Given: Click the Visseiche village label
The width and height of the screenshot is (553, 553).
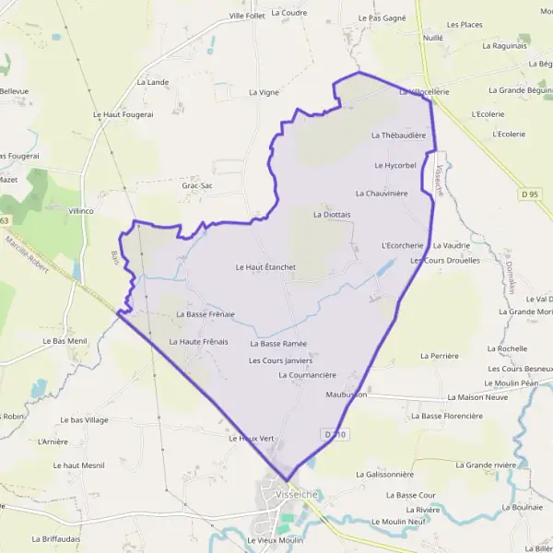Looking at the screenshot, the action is [x=296, y=494].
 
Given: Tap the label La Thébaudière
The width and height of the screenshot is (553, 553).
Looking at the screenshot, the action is [x=398, y=135].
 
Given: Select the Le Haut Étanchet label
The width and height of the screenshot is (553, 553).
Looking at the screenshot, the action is [x=265, y=267].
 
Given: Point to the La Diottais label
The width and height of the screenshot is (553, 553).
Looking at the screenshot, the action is [x=332, y=214].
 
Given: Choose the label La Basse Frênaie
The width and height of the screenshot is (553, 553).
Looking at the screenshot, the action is [x=205, y=314].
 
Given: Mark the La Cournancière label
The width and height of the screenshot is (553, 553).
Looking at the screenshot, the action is [x=307, y=375].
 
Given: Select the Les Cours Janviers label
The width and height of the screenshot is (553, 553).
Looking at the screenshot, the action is [x=280, y=360].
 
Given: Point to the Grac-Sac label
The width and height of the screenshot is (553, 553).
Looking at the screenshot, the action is [x=197, y=185].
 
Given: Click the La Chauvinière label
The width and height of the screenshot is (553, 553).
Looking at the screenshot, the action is [x=382, y=194].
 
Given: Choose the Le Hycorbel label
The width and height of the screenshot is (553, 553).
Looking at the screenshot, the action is [x=395, y=165].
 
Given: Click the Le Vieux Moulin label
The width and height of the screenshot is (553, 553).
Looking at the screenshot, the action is [x=275, y=539].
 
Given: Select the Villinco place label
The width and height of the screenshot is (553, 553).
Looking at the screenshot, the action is [x=81, y=211].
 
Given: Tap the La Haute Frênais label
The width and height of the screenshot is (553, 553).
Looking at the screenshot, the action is [x=198, y=342].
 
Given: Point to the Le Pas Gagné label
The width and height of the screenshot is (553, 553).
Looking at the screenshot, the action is [x=382, y=18].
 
